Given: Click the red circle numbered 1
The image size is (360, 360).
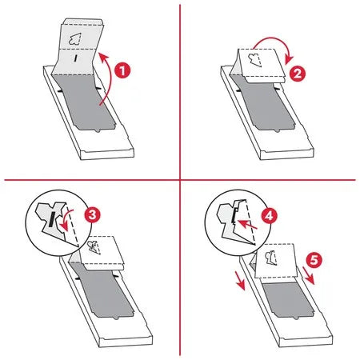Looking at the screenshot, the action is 122,70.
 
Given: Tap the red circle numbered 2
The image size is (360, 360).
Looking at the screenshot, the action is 298,74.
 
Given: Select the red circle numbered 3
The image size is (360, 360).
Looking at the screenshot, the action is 93,214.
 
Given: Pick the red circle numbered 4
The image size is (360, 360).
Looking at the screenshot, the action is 270,216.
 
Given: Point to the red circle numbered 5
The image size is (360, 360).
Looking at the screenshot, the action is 314,259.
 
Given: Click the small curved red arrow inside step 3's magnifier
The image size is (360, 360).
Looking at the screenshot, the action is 66,218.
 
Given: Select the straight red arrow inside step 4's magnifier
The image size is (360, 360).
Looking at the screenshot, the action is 247,225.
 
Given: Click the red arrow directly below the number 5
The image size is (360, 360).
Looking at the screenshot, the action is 309,276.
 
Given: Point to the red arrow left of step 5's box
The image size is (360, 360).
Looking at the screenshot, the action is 240,281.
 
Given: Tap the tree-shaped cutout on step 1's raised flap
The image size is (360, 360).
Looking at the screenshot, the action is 75,39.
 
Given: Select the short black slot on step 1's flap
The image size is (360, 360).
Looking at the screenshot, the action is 76,58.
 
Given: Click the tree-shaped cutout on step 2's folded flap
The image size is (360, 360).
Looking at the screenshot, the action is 255,60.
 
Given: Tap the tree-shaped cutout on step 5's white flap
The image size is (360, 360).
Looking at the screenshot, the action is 271,258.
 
